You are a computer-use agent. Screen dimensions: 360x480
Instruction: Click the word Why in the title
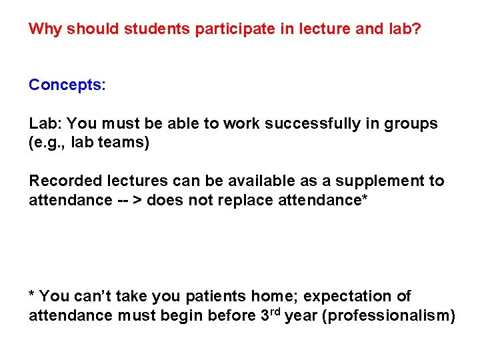pyautogui.click(x=45, y=29)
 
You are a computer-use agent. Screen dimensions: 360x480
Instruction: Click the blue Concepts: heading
pyautogui.click(x=67, y=85)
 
